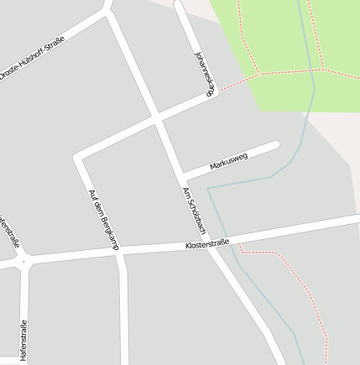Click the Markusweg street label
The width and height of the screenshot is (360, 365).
tap(228, 162)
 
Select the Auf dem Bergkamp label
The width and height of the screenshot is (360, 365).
tap(104, 219)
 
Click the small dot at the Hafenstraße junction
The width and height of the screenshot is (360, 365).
tap(23, 262)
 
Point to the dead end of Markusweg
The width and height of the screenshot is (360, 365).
tap(275, 145)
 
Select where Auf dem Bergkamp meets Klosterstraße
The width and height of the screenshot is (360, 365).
tap(120, 251)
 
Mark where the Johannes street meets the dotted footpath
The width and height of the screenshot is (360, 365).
tap(217, 91)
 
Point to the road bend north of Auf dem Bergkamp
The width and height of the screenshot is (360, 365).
tap(78, 157)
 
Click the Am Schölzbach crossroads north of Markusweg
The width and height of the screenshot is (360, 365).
tap(157, 119)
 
